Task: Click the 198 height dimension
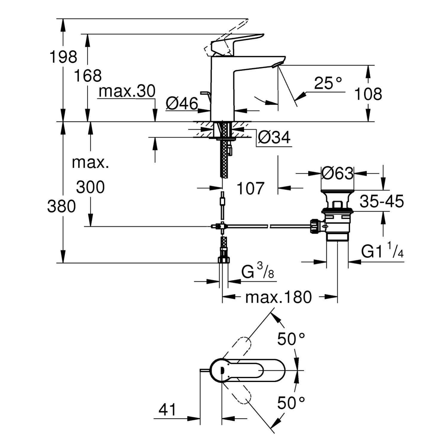(x=63, y=57)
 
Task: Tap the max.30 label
(x=127, y=91)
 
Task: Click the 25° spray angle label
(x=328, y=83)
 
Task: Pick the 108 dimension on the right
(x=368, y=94)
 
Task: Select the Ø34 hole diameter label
(x=274, y=138)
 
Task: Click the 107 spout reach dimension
(x=250, y=188)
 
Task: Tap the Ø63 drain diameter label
(x=337, y=173)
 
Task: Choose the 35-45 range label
(x=382, y=201)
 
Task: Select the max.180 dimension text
(x=278, y=297)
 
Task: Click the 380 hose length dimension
(x=62, y=207)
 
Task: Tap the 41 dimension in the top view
(x=167, y=410)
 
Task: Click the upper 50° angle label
(x=291, y=339)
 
